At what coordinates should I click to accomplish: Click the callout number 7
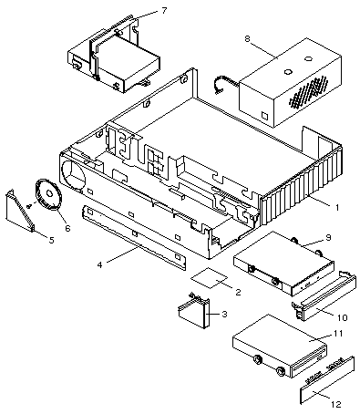pyautogui.click(x=164, y=11)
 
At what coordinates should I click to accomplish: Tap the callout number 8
pyautogui.click(x=247, y=38)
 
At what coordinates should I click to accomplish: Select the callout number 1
pyautogui.click(x=337, y=207)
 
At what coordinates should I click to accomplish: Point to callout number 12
pyautogui.click(x=336, y=404)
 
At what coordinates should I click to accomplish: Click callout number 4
pyautogui.click(x=99, y=264)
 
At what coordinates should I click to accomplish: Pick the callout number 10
pyautogui.click(x=343, y=317)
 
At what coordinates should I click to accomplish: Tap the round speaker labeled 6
pyautogui.click(x=48, y=194)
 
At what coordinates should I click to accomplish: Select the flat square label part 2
pyautogui.click(x=209, y=278)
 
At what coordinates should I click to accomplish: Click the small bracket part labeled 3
pyautogui.click(x=194, y=313)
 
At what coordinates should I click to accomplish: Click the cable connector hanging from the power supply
pyautogui.click(x=220, y=86)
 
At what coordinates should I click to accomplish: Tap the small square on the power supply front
pyautogui.click(x=264, y=116)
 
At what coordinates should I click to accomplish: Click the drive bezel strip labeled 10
pyautogui.click(x=324, y=296)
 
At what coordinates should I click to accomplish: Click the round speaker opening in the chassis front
pyautogui.click(x=74, y=171)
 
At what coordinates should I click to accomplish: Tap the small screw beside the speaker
pyautogui.click(x=30, y=206)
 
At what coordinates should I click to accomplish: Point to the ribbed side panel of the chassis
pyautogui.click(x=302, y=185)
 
